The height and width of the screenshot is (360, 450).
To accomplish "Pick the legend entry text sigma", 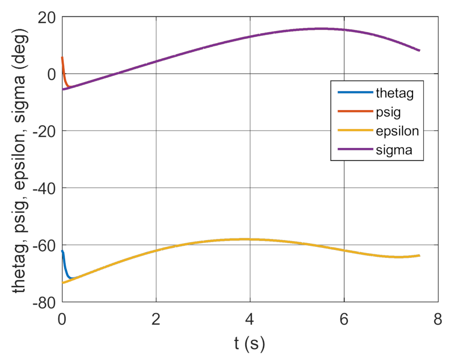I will tap(394, 151).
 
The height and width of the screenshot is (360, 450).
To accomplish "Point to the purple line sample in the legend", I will tap(353, 151).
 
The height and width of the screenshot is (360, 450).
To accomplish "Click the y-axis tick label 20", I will tap(47, 17).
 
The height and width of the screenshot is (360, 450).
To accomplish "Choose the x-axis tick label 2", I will tap(156, 318).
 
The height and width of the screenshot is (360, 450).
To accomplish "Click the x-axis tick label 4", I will tap(251, 318).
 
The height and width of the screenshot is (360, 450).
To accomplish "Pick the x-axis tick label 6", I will tap(344, 318).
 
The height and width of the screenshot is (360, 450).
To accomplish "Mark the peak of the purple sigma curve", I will tap(321, 28).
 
